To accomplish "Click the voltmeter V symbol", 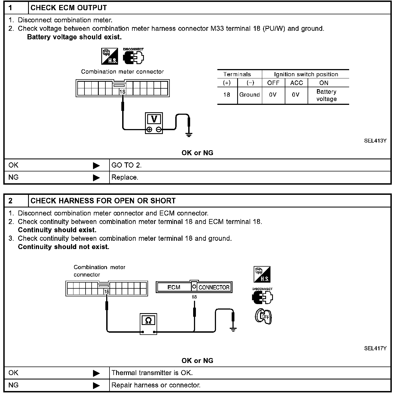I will (154, 119).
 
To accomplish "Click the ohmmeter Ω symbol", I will (148, 320).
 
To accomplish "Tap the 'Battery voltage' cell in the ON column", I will (327, 95).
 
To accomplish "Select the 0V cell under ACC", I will (296, 95).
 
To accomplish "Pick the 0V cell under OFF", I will (273, 95).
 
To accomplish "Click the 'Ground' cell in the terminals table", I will (250, 95).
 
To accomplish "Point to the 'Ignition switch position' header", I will (306, 74).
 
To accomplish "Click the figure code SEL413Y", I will (375, 141).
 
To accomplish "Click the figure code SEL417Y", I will (375, 348).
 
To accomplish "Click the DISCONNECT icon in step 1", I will (133, 56).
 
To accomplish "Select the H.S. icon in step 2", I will (262, 274).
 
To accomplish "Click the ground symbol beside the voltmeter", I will (189, 135).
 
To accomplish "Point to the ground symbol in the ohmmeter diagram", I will (233, 329).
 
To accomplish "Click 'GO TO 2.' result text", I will (127, 165).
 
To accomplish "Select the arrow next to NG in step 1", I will (96, 178).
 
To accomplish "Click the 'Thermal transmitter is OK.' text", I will (152, 373).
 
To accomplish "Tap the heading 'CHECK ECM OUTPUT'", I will (69, 8).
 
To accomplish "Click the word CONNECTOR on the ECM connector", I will (214, 287).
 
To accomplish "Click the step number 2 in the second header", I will (10, 201).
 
